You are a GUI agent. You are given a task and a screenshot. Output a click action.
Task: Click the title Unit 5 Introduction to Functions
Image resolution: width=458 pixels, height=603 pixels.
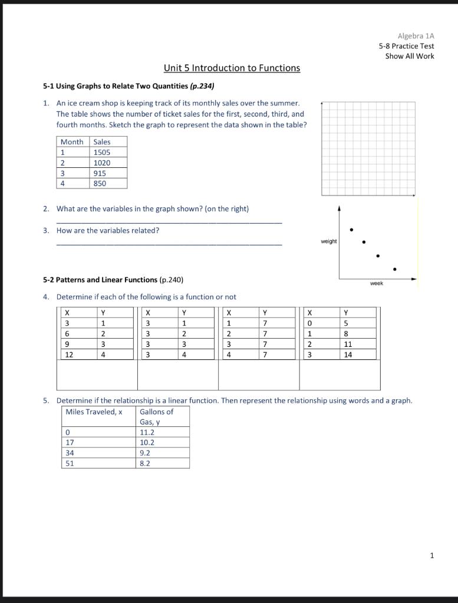pyautogui.click(x=232, y=68)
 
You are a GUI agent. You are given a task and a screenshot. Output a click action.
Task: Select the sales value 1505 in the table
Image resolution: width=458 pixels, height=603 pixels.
pyautogui.click(x=101, y=153)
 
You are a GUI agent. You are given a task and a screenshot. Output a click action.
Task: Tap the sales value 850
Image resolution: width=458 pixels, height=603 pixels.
pyautogui.click(x=100, y=184)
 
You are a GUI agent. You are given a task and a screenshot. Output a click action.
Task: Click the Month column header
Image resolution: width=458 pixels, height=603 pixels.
pyautogui.click(x=72, y=142)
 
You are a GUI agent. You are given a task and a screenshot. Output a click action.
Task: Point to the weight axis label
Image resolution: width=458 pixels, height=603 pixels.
pyautogui.click(x=329, y=241)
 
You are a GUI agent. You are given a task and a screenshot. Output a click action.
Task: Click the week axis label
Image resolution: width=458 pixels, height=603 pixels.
pyautogui.click(x=376, y=284)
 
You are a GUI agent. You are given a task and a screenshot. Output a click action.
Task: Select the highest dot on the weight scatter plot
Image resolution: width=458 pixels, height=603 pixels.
pyautogui.click(x=351, y=230)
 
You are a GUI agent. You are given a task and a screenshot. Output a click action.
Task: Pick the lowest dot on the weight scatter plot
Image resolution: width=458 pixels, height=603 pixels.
pyautogui.click(x=394, y=270)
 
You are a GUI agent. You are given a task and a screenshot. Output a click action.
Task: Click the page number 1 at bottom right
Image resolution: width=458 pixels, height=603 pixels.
pyautogui.click(x=431, y=555)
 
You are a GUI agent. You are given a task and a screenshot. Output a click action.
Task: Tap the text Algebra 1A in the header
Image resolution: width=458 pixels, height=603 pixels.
pyautogui.click(x=416, y=36)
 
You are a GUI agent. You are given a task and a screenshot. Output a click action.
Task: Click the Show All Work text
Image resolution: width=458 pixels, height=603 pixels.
pyautogui.click(x=410, y=57)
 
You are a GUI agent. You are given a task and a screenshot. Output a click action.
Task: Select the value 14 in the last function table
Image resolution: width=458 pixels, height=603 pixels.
pyautogui.click(x=348, y=355)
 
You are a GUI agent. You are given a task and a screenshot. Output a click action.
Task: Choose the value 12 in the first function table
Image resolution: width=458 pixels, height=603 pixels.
pyautogui.click(x=69, y=355)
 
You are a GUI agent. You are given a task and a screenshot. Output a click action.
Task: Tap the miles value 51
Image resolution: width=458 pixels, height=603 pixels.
pyautogui.click(x=70, y=463)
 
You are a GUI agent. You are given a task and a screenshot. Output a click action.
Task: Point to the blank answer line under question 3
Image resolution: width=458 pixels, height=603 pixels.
pyautogui.click(x=169, y=244)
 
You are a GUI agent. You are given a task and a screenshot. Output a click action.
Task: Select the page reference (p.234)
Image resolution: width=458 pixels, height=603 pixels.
pyautogui.click(x=202, y=86)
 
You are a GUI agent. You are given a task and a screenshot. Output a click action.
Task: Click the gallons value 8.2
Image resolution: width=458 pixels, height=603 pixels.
pyautogui.click(x=145, y=463)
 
